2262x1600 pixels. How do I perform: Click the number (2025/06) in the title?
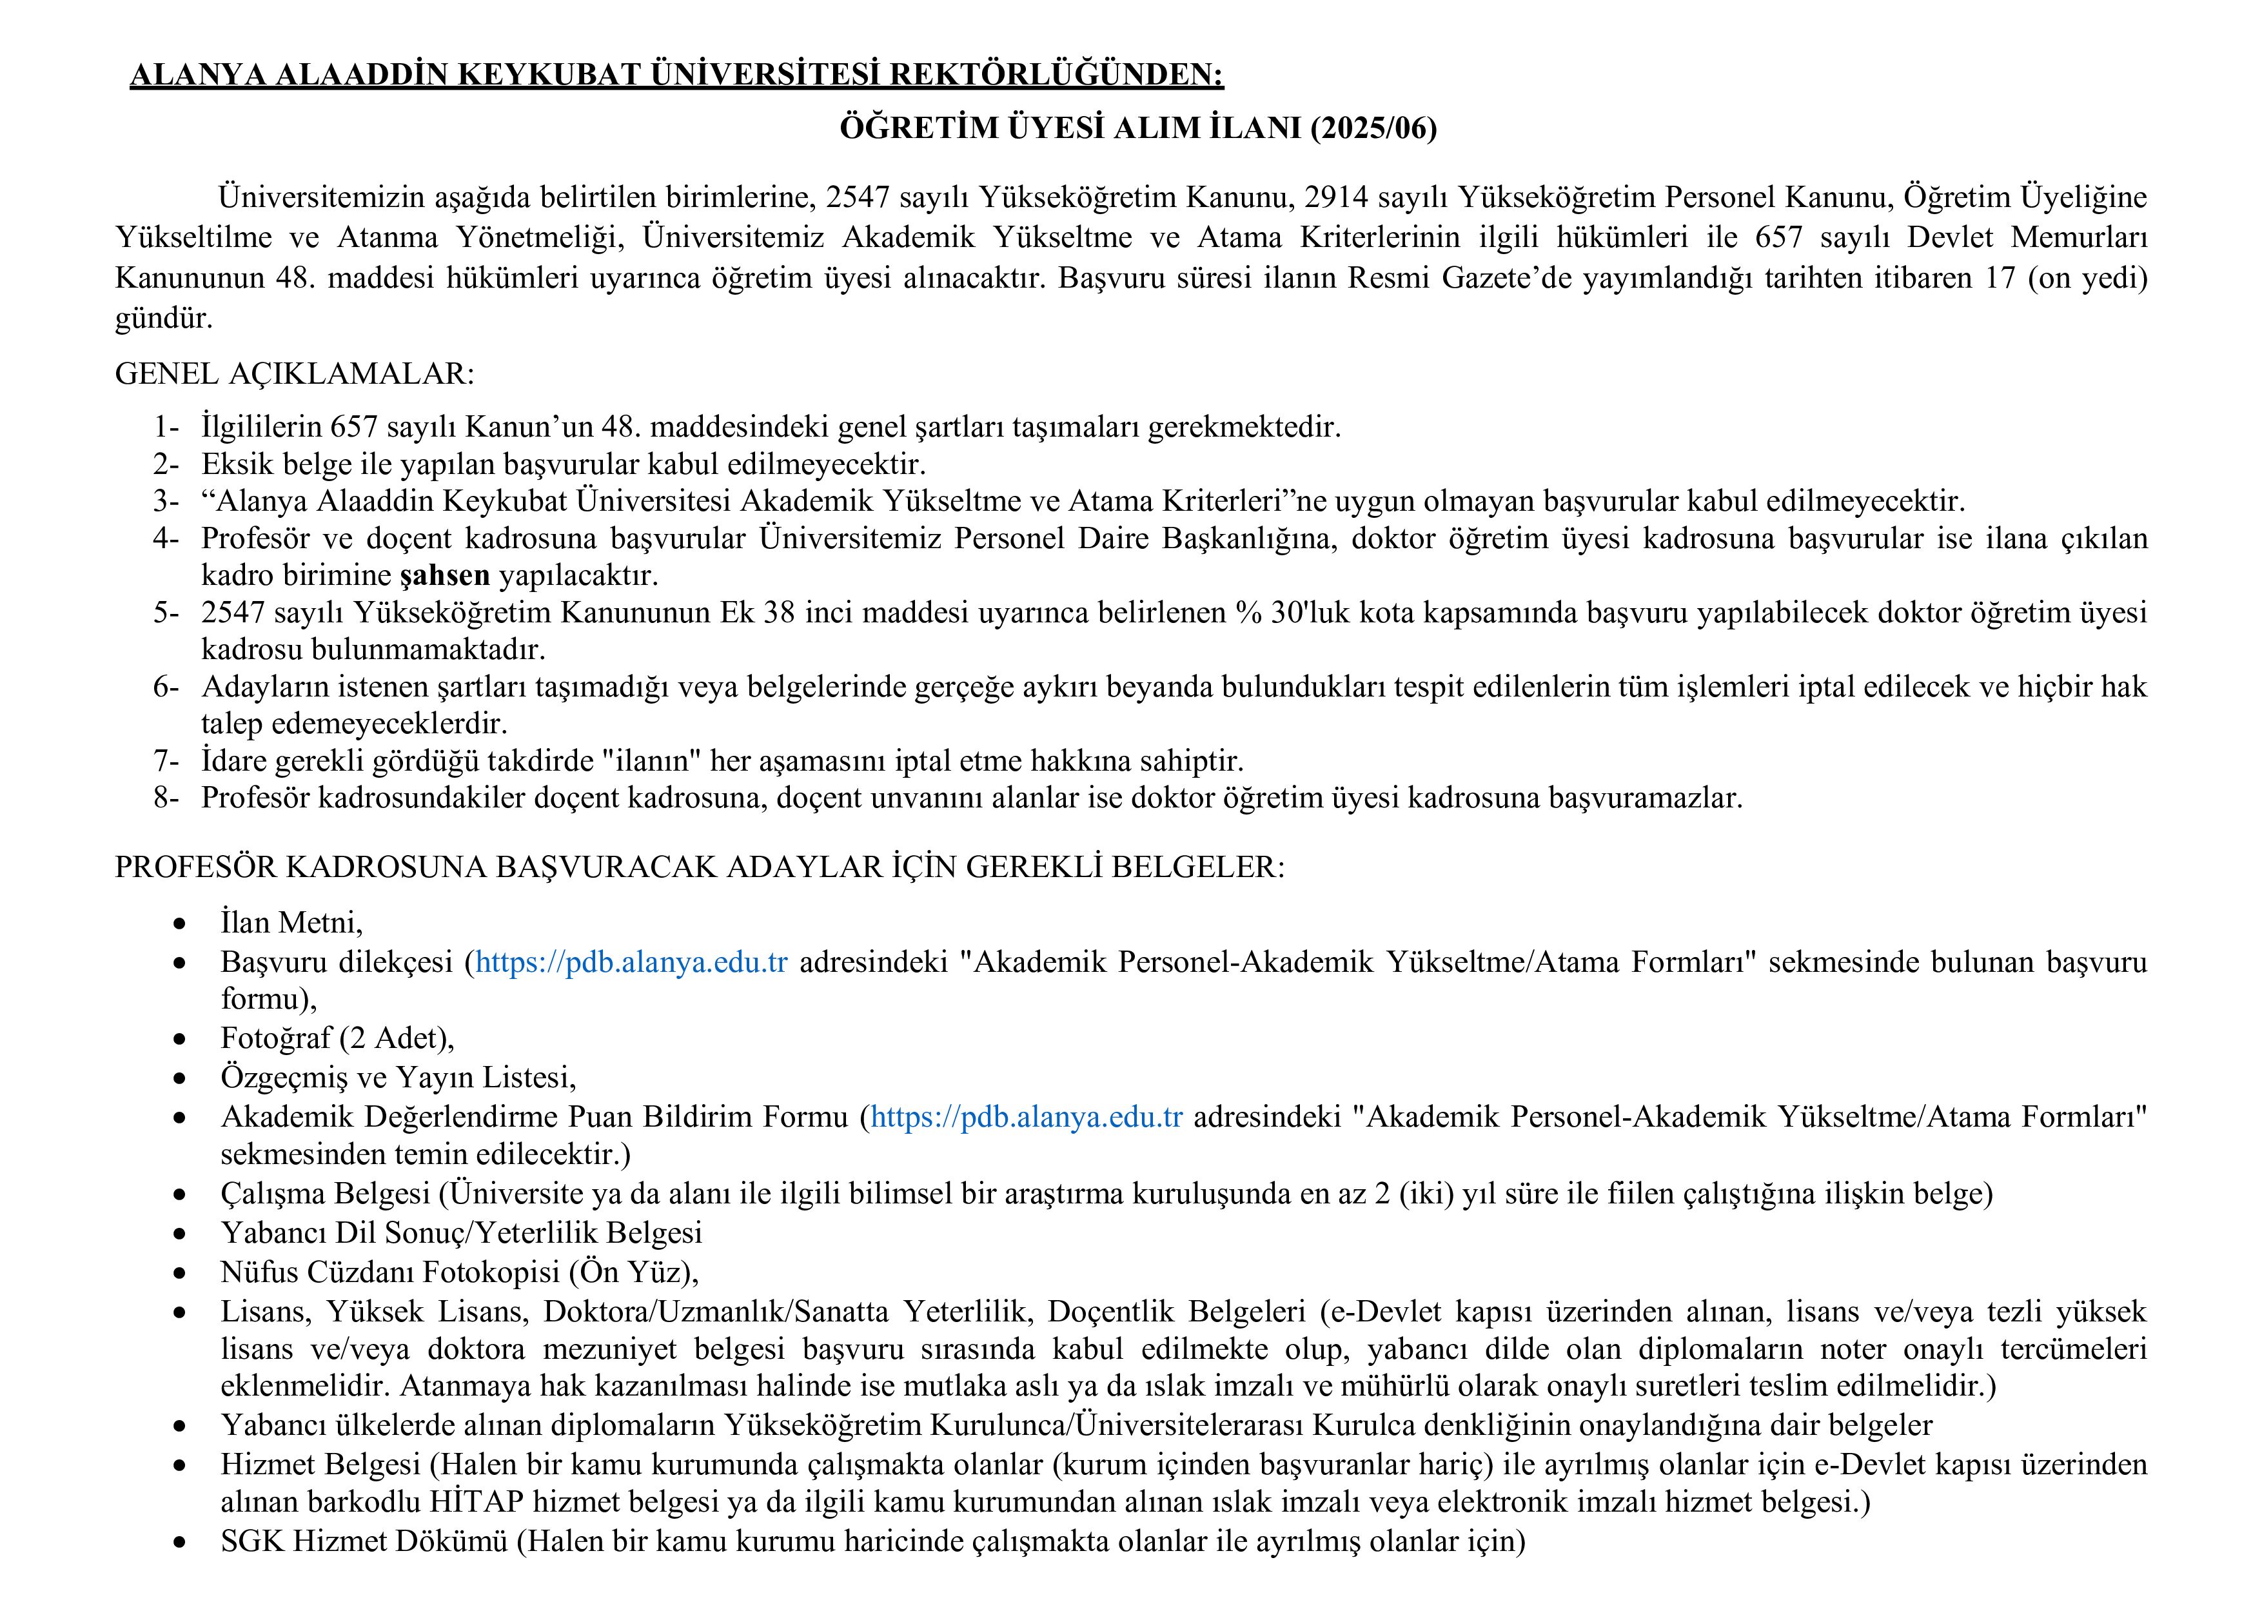tap(1372, 128)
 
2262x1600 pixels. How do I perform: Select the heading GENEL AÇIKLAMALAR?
tap(295, 373)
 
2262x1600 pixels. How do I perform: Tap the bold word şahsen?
tap(444, 575)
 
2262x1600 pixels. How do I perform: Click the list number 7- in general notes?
tap(166, 760)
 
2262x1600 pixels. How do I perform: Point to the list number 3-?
tap(166, 502)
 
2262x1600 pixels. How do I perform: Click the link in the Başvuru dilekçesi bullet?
tap(631, 962)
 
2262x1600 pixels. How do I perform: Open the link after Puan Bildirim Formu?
tap(1027, 1116)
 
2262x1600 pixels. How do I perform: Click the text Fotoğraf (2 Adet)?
tap(337, 1038)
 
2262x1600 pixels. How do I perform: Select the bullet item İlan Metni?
tap(291, 922)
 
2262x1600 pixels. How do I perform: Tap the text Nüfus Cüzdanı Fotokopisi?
tap(391, 1272)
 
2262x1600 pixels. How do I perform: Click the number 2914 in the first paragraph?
tap(1337, 197)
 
